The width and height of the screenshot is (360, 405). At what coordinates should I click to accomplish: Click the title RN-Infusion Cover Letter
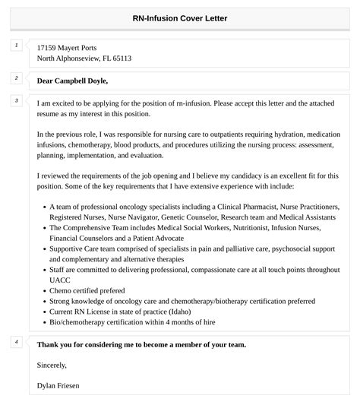[180, 18]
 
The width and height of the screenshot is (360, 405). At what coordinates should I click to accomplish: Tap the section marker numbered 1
[15, 46]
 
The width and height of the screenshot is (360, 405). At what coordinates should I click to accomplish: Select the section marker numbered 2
[15, 78]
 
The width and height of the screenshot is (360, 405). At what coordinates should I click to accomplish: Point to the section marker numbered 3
[15, 101]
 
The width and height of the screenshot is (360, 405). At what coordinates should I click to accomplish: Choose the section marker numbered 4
[15, 343]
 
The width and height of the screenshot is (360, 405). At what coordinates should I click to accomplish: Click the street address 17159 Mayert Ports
[67, 48]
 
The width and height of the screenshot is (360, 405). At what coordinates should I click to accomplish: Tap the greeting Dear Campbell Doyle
[72, 81]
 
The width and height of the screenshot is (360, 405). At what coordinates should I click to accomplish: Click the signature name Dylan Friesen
[58, 386]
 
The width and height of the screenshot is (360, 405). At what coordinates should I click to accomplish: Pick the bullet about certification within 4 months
[132, 322]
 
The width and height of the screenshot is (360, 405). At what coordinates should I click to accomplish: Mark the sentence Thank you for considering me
[141, 345]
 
